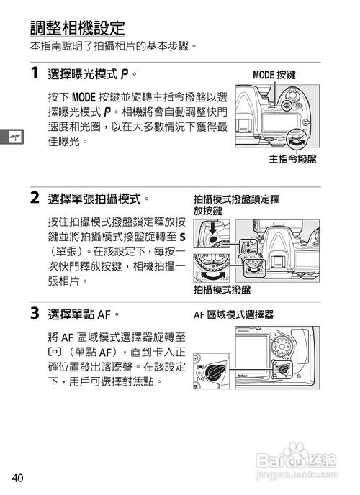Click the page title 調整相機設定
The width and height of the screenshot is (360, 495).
[x=77, y=28]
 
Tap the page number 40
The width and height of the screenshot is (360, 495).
[x=18, y=478]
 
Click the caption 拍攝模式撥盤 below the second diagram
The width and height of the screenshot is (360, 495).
[x=222, y=289]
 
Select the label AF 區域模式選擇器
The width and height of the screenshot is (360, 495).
[x=233, y=315]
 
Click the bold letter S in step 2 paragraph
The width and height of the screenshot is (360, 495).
[x=182, y=237]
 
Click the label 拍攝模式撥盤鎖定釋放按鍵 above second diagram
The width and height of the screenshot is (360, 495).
[x=235, y=204]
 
